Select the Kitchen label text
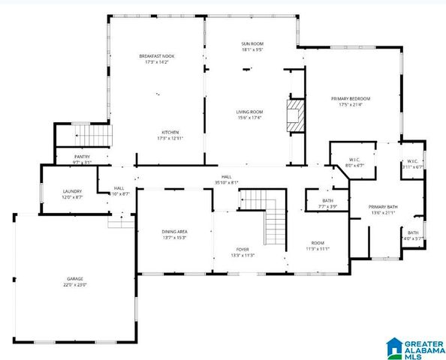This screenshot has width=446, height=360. coord(169,132)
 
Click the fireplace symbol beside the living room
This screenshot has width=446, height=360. coord(294,116)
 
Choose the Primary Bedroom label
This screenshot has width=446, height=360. coord(351,98)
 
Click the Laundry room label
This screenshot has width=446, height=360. coord(72,192)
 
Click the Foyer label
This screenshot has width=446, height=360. coord(243,250)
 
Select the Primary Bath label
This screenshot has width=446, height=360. coord(382,207)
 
